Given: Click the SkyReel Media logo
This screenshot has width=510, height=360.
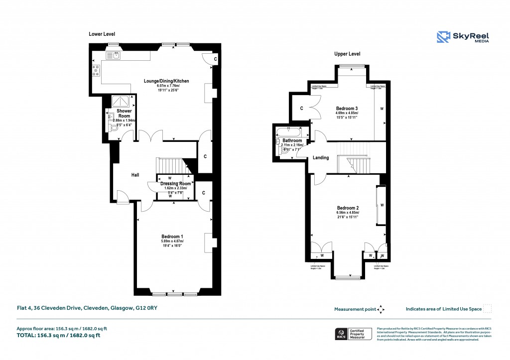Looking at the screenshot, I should point(463,37).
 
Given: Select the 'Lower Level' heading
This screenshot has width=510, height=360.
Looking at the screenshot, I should point(102,34).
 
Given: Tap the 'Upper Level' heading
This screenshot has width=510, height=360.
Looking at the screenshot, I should point(347,54).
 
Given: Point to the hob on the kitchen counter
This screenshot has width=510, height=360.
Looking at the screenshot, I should point(95,71).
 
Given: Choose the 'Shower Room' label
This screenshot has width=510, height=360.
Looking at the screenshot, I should point(124,114).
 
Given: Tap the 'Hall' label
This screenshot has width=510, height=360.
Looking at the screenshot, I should point(135,175).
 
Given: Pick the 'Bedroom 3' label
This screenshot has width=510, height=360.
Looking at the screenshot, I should point(347,109).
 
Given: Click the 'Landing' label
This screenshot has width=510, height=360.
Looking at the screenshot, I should point(320,158).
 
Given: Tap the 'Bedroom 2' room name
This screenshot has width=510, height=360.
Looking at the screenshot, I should point(348,208).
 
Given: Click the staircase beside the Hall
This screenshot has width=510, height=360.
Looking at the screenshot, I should point(170,165).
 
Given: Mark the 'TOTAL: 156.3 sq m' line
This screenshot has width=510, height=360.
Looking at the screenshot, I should point(59,335).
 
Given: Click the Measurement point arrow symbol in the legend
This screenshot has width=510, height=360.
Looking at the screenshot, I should point(381,309).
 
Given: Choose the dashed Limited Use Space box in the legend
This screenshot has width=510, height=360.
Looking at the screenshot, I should point(488,309).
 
